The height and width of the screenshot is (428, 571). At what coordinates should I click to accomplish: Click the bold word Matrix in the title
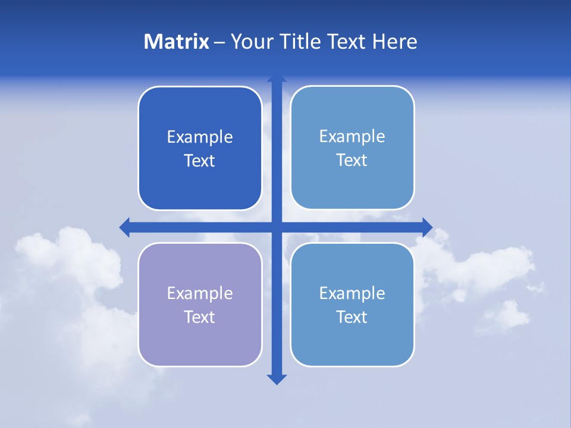tap(177, 42)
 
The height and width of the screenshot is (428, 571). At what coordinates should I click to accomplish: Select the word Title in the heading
tap(300, 42)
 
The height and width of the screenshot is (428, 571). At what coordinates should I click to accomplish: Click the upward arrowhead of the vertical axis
tap(277, 79)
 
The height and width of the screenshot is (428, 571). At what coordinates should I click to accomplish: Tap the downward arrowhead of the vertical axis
tap(277, 379)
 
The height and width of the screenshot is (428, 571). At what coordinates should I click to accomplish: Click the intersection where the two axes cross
tap(277, 227)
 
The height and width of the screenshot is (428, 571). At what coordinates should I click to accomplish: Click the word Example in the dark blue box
tap(200, 137)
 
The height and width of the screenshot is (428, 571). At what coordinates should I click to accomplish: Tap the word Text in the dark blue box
tap(200, 161)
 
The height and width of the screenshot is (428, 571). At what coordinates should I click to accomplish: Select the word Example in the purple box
tap(200, 294)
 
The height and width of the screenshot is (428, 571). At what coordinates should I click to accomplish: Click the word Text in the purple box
tap(200, 317)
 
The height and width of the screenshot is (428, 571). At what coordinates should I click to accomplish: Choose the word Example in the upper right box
tap(352, 137)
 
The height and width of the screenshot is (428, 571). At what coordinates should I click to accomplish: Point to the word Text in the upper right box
tap(352, 160)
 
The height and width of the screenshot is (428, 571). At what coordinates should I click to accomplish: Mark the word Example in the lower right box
tap(352, 294)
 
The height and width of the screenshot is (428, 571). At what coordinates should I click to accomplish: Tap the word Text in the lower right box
tap(352, 317)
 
